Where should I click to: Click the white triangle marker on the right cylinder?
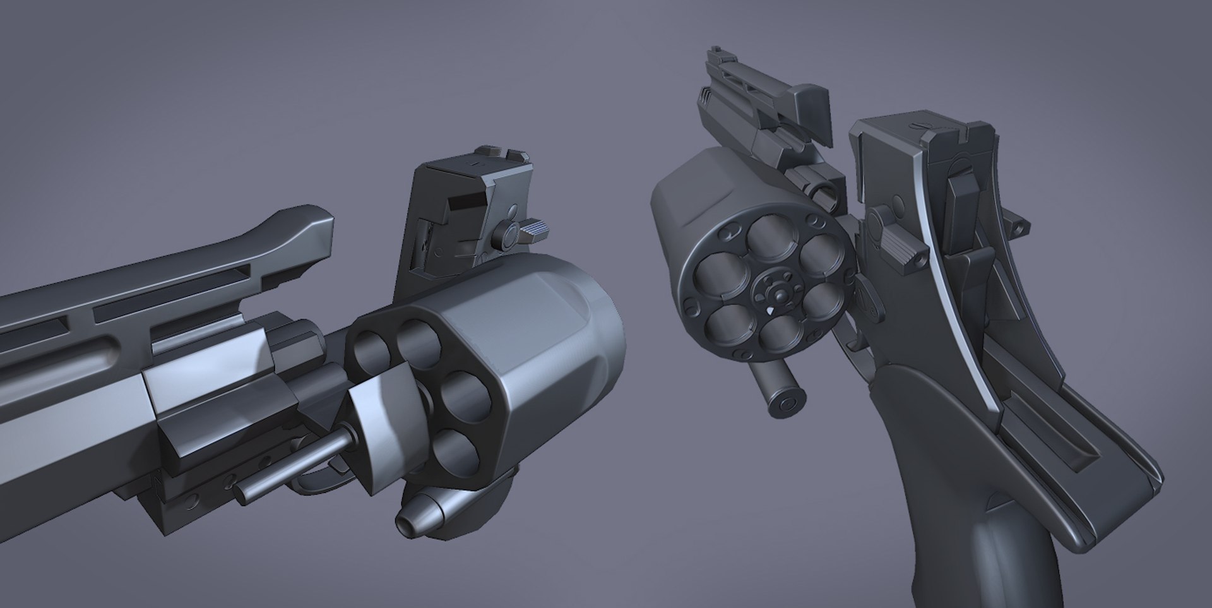[771, 311]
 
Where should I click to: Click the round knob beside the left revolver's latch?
[507, 237]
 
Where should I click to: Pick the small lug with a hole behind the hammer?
[1018, 225]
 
